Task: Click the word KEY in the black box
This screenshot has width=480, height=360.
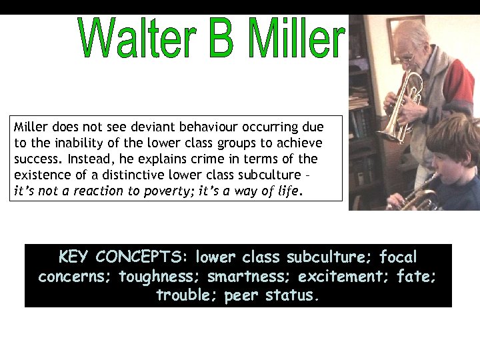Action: pyautogui.click(x=74, y=257)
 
